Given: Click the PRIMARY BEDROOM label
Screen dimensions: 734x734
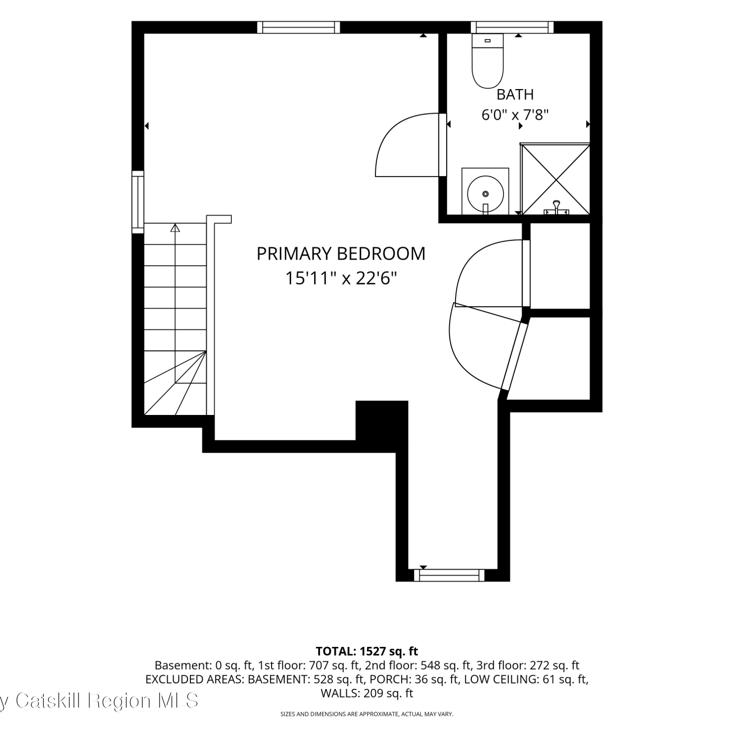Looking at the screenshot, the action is click(341, 253).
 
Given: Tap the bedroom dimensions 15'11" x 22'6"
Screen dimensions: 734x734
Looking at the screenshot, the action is click(341, 279).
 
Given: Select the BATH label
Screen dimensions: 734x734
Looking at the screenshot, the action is click(515, 94).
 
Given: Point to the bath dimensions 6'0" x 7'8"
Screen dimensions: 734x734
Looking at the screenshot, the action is click(515, 115).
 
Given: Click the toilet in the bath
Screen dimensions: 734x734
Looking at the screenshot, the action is click(487, 61).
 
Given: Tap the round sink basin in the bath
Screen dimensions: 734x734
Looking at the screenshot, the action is click(485, 192).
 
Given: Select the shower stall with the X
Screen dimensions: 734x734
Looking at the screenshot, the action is click(555, 179).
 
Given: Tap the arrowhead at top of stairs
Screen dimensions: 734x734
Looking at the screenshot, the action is click(175, 228).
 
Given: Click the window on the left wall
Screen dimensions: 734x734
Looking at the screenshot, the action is click(138, 201).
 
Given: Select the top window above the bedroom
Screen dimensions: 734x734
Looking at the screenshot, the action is click(298, 27).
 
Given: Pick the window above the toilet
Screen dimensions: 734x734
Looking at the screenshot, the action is click(512, 27).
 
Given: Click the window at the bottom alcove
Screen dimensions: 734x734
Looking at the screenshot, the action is click(449, 575).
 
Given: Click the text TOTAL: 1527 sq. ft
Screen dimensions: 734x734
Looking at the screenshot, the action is click(367, 651).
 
